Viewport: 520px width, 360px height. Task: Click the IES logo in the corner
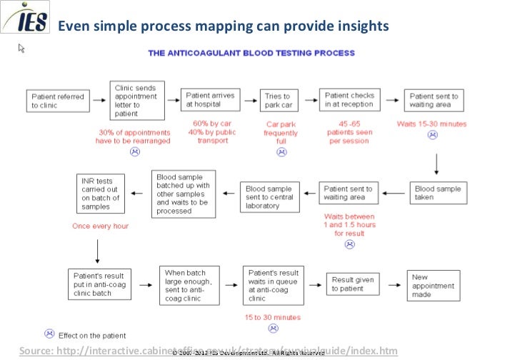coord(26,19)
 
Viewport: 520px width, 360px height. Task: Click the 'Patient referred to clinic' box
coord(58,101)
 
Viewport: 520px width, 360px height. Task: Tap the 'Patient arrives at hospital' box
coord(210,100)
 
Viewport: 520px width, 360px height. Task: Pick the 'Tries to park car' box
coord(278,101)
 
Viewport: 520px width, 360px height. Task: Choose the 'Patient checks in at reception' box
coord(349,100)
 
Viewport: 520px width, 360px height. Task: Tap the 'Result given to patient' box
coord(353,284)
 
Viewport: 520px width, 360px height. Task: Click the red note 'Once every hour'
coord(99,226)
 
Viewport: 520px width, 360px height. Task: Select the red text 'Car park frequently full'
coord(281,132)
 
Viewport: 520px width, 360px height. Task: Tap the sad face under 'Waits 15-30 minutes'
coord(432,136)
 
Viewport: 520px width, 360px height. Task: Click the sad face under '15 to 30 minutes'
coord(272,328)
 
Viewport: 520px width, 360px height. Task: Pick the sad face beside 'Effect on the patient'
coord(49,334)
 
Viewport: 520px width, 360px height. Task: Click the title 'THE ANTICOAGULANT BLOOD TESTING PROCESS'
coord(251,53)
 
